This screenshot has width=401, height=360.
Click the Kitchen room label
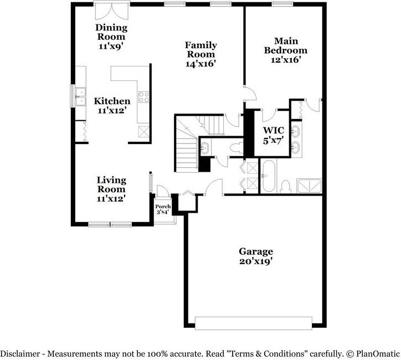pyautogui.click(x=112, y=101)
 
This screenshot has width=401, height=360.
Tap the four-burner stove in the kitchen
pyautogui.click(x=143, y=97)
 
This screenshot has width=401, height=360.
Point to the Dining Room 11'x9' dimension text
pyautogui.click(x=111, y=47)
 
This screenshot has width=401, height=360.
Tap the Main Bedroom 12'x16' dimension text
pyautogui.click(x=285, y=60)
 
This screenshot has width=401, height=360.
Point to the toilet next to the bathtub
pyautogui.click(x=286, y=187)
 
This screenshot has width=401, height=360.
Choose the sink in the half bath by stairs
pyautogui.click(x=204, y=148)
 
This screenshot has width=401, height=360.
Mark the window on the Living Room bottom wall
pyautogui.click(x=111, y=224)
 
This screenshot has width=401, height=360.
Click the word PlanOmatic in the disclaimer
pyautogui.click(x=376, y=353)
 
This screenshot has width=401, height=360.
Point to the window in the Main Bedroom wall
pyautogui.click(x=282, y=4)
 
